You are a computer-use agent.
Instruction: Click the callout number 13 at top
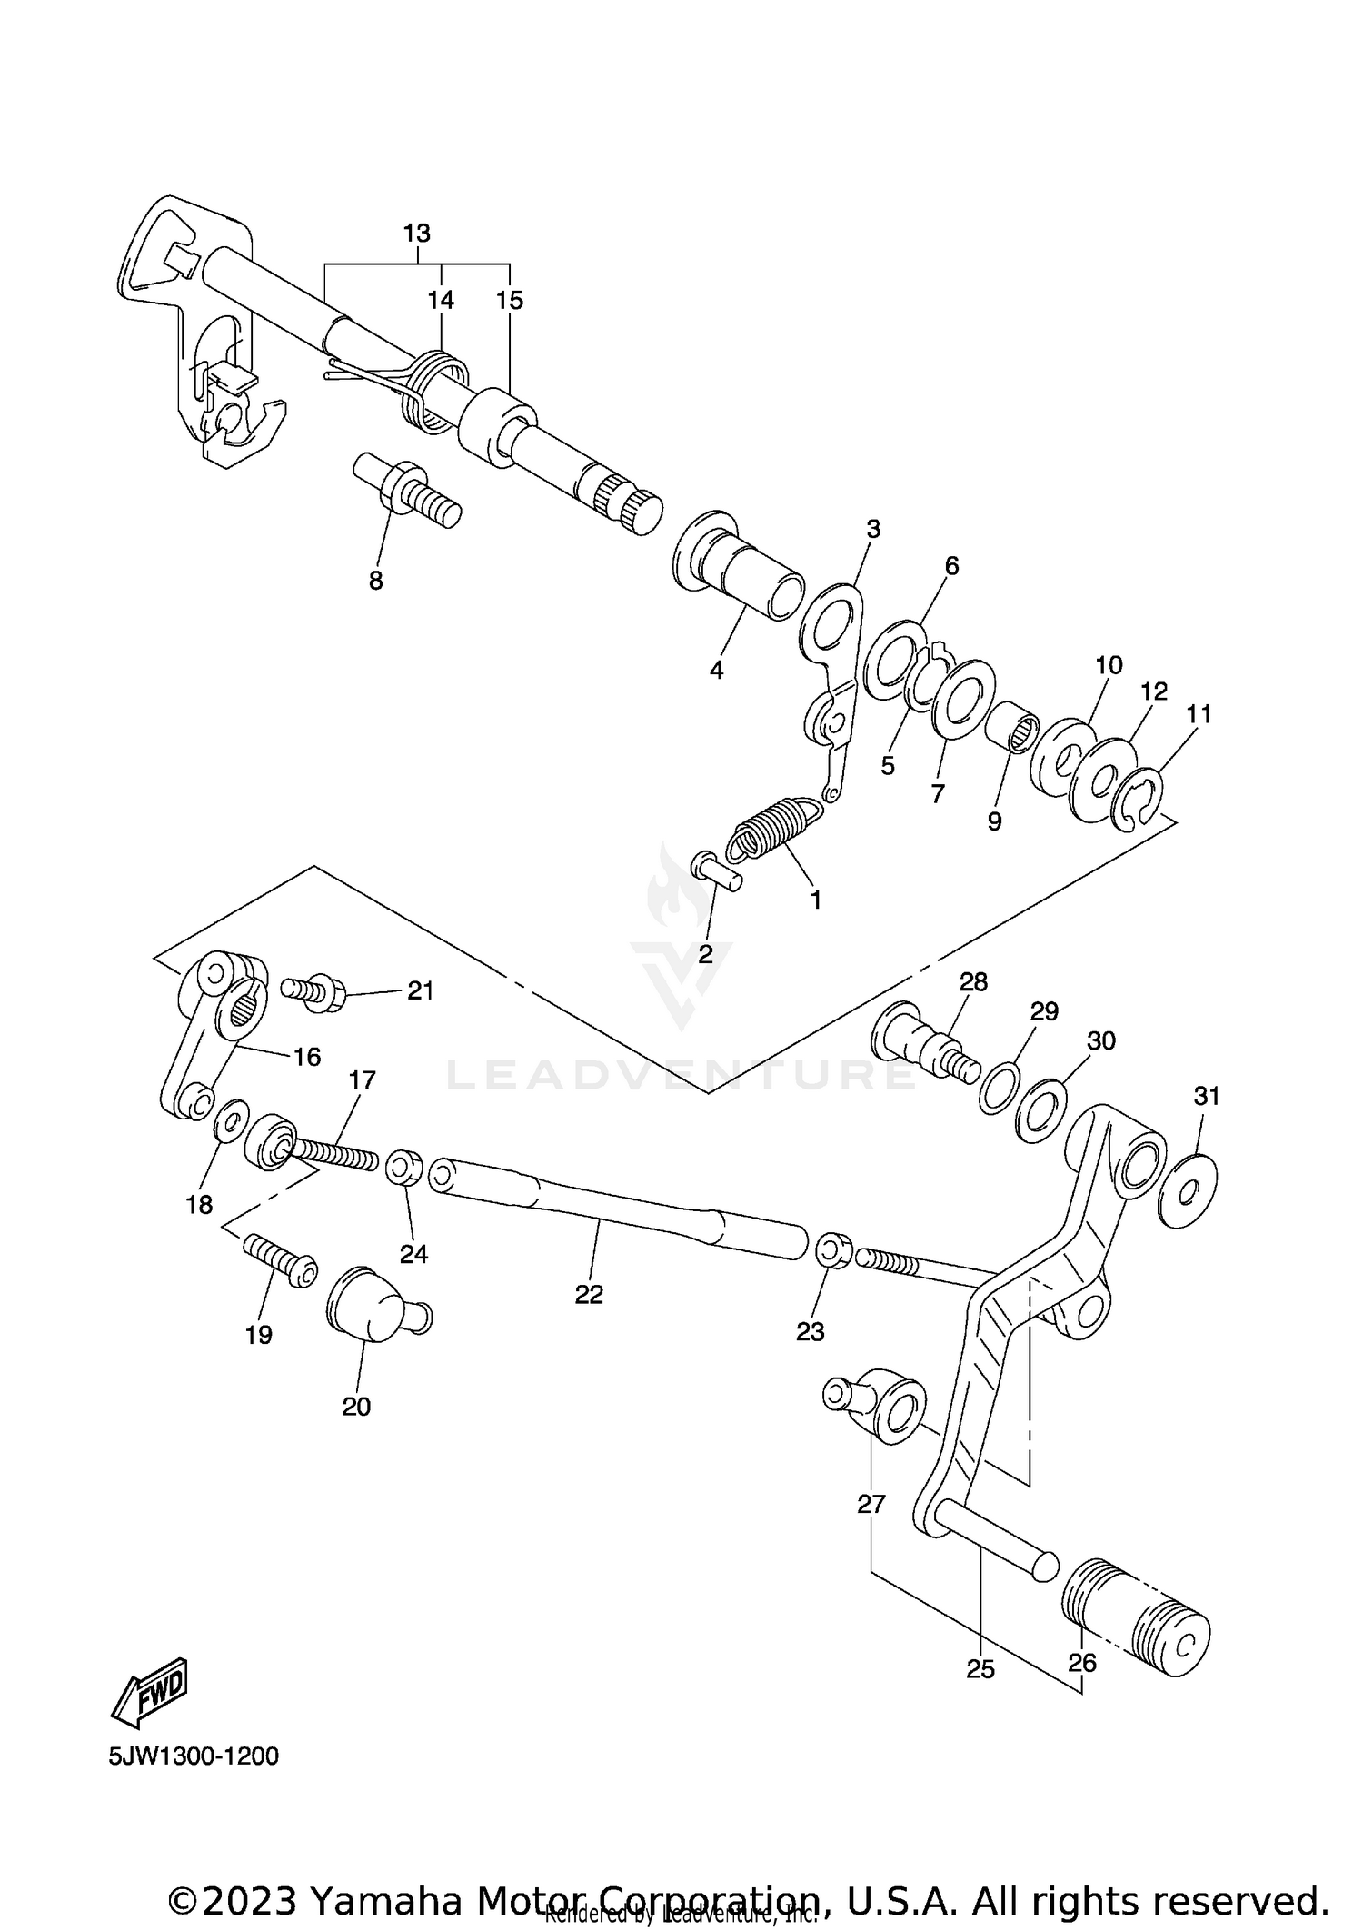416,234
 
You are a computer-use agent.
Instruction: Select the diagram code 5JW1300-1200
194,1756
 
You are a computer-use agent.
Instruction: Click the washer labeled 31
1189,1190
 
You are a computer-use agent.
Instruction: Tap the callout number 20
356,1407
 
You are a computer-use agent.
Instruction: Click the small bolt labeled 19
279,1258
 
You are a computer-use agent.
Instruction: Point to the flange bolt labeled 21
314,993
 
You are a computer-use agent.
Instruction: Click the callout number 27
871,1505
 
